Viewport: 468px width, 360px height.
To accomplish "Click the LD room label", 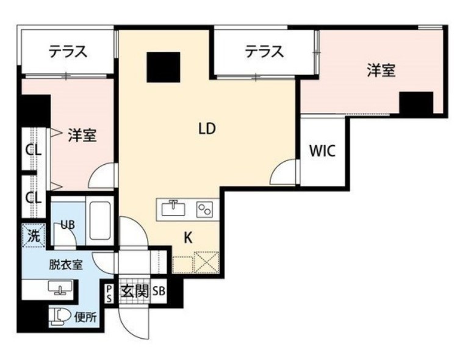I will pyautogui.click(x=207, y=129).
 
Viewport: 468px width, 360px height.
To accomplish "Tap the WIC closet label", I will pyautogui.click(x=322, y=151).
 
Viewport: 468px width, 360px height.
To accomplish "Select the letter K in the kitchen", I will pyautogui.click(x=188, y=239).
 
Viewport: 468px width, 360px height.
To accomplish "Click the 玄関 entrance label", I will pyautogui.click(x=135, y=290).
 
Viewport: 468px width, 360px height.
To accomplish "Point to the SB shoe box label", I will pyautogui.click(x=159, y=291).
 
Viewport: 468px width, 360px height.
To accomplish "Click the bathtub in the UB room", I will pyautogui.click(x=99, y=221).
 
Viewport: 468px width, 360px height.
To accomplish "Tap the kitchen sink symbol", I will pyautogui.click(x=175, y=209).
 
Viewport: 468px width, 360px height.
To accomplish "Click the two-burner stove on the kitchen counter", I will pyautogui.click(x=204, y=209).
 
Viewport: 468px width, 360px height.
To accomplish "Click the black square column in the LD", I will pyautogui.click(x=163, y=67).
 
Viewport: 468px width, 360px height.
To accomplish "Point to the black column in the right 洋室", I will pyautogui.click(x=416, y=103).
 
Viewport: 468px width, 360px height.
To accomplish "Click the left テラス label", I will pyautogui.click(x=68, y=52).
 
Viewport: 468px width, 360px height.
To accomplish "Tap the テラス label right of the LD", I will pyautogui.click(x=264, y=52).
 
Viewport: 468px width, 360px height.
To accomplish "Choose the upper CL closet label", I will pyautogui.click(x=33, y=149).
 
